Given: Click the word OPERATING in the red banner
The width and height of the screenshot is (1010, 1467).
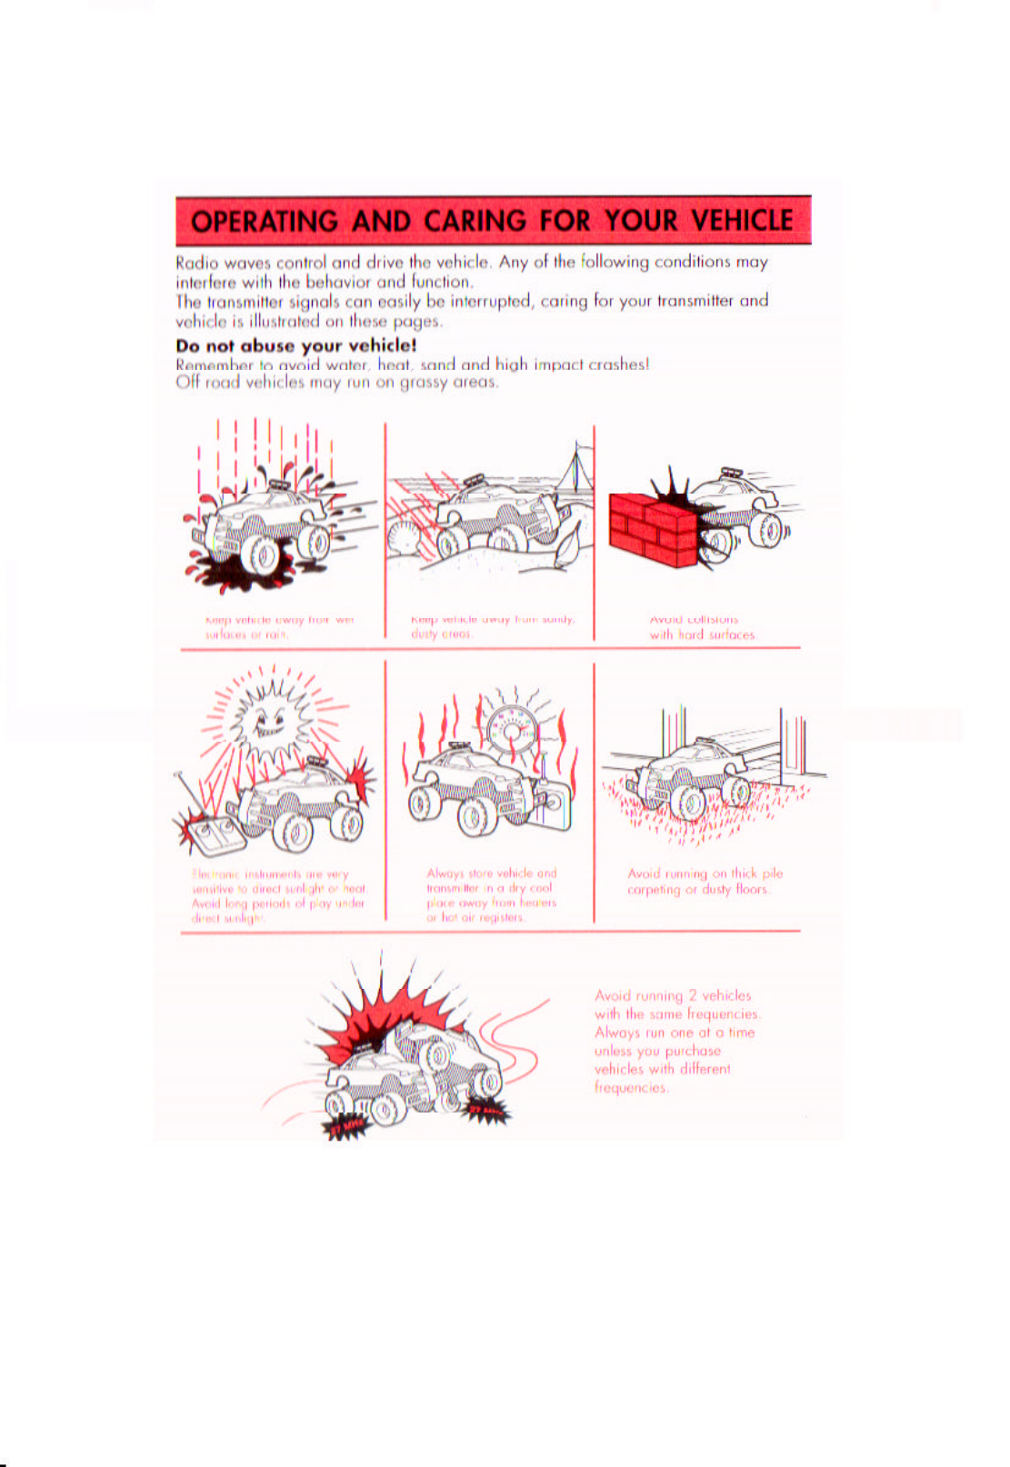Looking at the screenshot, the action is (265, 221).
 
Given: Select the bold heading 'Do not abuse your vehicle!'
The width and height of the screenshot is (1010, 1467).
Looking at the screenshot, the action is (296, 345).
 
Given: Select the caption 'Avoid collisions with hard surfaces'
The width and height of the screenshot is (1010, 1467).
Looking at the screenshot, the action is (701, 627).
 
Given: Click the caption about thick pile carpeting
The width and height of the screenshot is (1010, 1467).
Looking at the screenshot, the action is (705, 881).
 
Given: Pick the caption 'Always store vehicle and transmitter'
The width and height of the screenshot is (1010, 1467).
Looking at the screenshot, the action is (492, 894).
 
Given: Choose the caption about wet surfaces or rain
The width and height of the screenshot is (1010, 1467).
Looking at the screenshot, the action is (279, 627).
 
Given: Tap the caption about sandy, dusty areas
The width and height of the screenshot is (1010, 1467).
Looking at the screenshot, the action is (492, 626).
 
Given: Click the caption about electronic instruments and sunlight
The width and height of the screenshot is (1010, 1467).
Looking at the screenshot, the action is (278, 895).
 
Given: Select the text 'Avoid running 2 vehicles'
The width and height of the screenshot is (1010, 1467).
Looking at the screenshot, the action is (673, 995).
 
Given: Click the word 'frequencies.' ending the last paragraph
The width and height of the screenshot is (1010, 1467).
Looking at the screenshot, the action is (631, 1087).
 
